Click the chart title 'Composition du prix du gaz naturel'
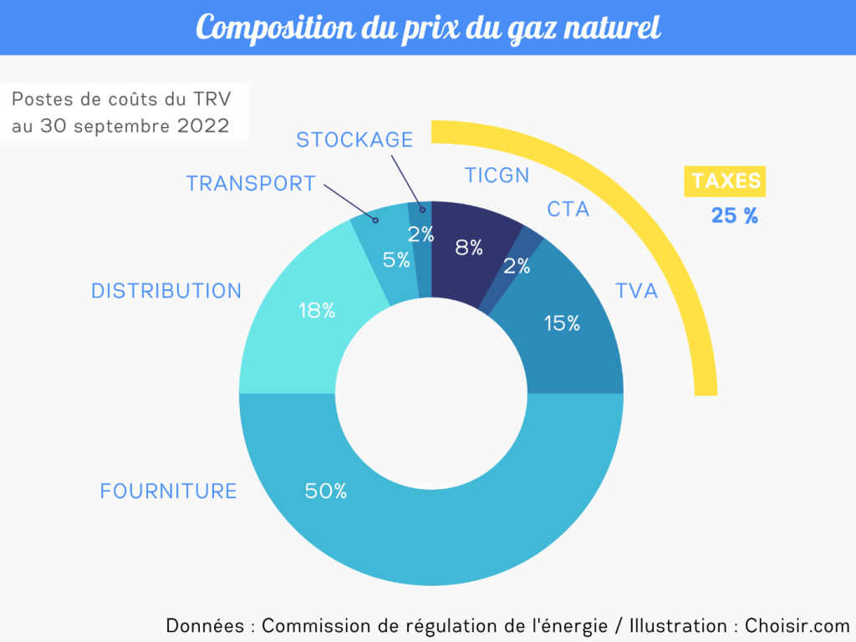428,28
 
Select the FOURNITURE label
169,491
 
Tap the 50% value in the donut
326,491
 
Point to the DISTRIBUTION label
166,291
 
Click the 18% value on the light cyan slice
317,310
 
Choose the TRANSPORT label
251,184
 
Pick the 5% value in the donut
396,260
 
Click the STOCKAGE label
355,140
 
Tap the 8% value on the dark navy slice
469,247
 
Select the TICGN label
497,175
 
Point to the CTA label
568,209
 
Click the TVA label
637,291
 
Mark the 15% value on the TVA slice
562,323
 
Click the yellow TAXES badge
726,181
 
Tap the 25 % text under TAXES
735,216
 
